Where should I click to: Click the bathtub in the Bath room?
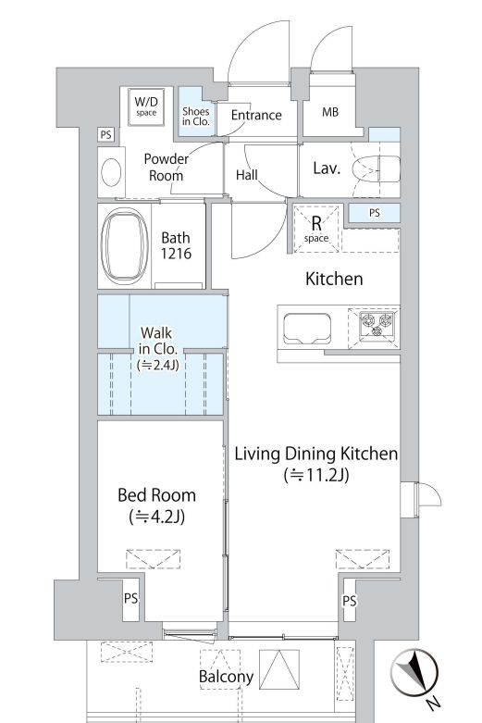tap(124, 245)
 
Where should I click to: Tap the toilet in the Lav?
tap(376, 168)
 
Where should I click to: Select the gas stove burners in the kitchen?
tap(377, 323)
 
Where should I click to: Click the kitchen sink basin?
tap(307, 329)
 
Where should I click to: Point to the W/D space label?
tap(146, 106)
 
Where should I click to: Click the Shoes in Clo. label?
tap(196, 117)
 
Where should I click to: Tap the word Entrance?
tap(256, 115)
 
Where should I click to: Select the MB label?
tap(330, 112)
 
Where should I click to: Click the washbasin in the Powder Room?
tap(111, 172)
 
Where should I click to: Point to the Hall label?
tap(246, 175)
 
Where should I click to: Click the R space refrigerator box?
tap(316, 229)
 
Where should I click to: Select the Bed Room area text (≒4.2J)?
tap(157, 517)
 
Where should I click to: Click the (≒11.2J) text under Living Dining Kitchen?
tap(316, 475)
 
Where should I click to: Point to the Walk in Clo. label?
tap(157, 349)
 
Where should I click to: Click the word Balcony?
tap(227, 677)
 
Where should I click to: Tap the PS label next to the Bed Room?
tap(130, 598)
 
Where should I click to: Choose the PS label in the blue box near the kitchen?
tap(375, 213)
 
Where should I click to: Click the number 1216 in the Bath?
tap(176, 253)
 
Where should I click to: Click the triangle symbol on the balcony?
tap(279, 669)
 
